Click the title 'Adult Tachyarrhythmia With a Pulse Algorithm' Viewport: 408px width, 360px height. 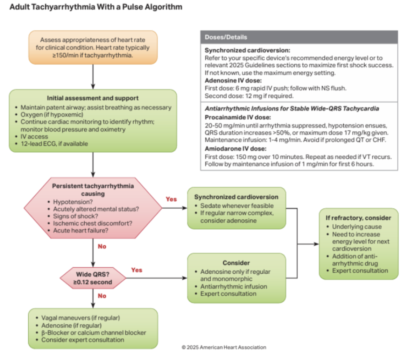(x=96, y=7)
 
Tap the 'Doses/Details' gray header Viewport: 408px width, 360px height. (x=299, y=37)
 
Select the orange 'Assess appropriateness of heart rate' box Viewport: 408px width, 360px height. (x=93, y=47)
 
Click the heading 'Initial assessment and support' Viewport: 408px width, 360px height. (x=93, y=98)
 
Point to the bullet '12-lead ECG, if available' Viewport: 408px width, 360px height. (x=54, y=144)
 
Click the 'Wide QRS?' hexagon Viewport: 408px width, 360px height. (x=93, y=278)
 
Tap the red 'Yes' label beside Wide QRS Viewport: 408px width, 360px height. (x=136, y=270)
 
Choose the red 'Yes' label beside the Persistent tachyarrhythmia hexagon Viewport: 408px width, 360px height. (x=171, y=199)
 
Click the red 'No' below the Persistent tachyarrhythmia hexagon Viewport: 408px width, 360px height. (x=102, y=246)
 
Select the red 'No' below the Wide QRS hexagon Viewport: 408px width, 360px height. (x=102, y=296)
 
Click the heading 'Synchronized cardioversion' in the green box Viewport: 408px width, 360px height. (x=236, y=197)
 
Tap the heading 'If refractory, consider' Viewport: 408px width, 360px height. (x=358, y=218)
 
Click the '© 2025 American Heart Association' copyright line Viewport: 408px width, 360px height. (x=224, y=347)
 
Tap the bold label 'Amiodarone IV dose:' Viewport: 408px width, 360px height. (x=235, y=149)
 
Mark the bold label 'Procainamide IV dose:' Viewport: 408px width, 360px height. (x=238, y=117)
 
